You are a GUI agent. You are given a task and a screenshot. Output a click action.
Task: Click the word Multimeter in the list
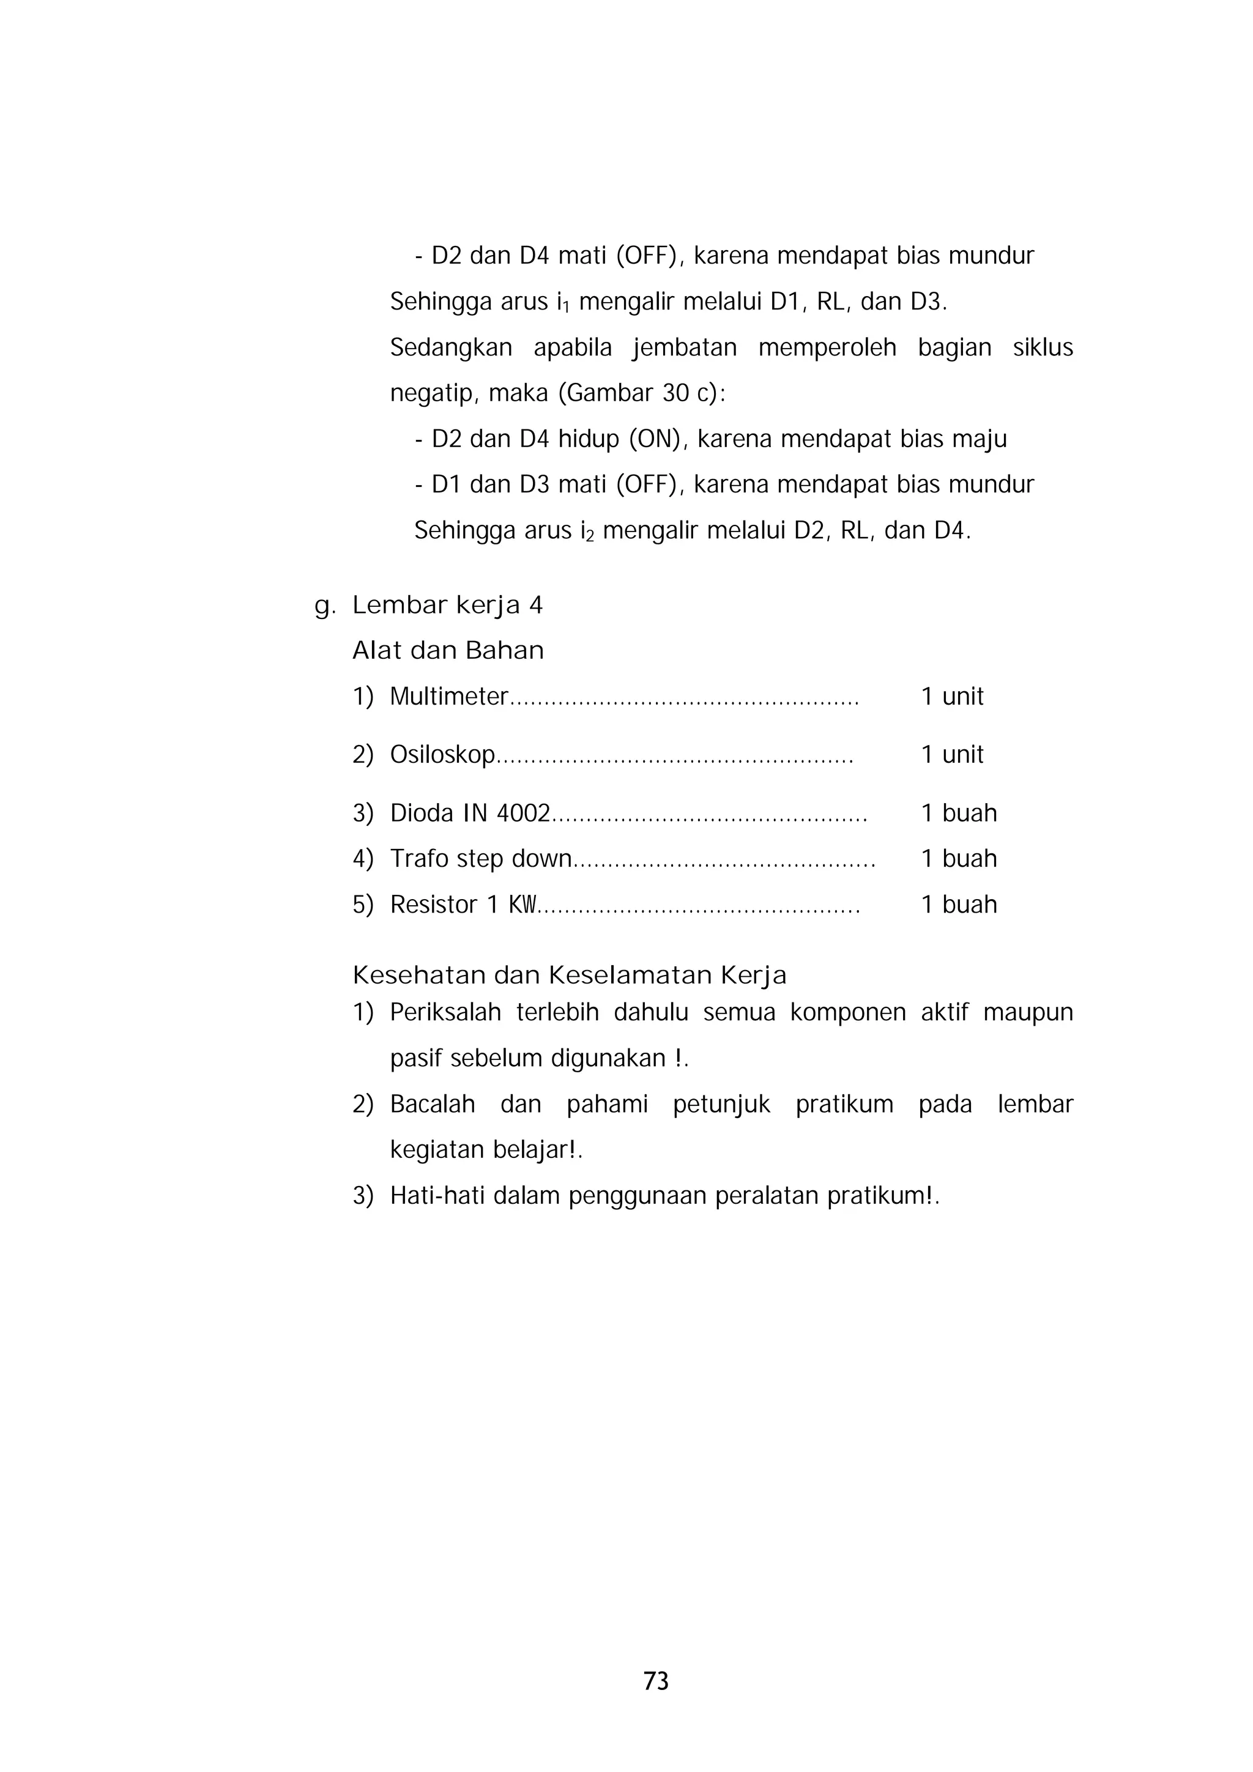pyautogui.click(x=448, y=696)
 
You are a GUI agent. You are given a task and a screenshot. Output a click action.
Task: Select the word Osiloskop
pyautogui.click(x=442, y=754)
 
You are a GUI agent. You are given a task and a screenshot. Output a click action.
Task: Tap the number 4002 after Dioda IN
pyautogui.click(x=522, y=813)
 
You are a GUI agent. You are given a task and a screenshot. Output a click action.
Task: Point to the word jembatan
pyautogui.click(x=685, y=347)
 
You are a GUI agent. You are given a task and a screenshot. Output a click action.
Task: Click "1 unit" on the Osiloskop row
pyautogui.click(x=952, y=754)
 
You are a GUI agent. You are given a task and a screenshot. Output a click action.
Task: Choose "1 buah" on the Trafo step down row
pyautogui.click(x=959, y=858)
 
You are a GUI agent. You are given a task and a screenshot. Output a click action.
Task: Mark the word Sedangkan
pyautogui.click(x=451, y=347)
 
